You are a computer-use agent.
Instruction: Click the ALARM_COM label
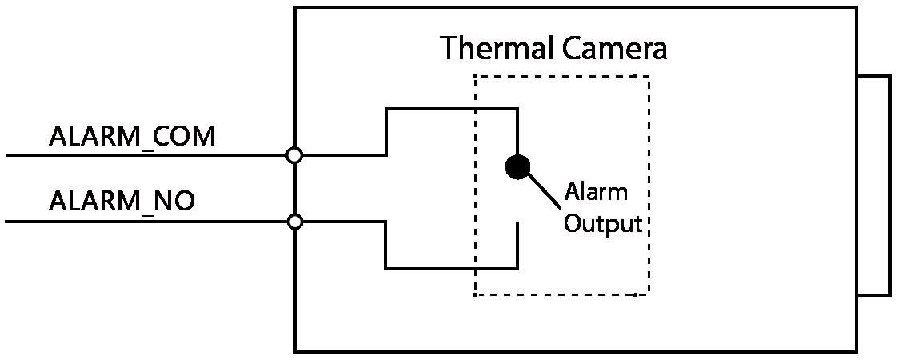pos(132,137)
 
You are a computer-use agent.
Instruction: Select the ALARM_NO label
pos(122,201)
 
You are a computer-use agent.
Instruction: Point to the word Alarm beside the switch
pos(596,193)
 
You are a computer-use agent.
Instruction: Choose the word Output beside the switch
pos(603,223)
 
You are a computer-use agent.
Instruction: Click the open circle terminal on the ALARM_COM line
pos(294,155)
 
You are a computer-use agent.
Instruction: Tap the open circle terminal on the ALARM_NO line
pos(294,222)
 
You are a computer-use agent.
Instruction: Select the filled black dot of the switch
pos(517,166)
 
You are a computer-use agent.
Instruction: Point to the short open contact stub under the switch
pos(518,245)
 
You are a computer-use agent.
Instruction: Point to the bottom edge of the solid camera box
pos(576,350)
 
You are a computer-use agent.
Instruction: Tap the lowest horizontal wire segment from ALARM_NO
pos(452,268)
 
